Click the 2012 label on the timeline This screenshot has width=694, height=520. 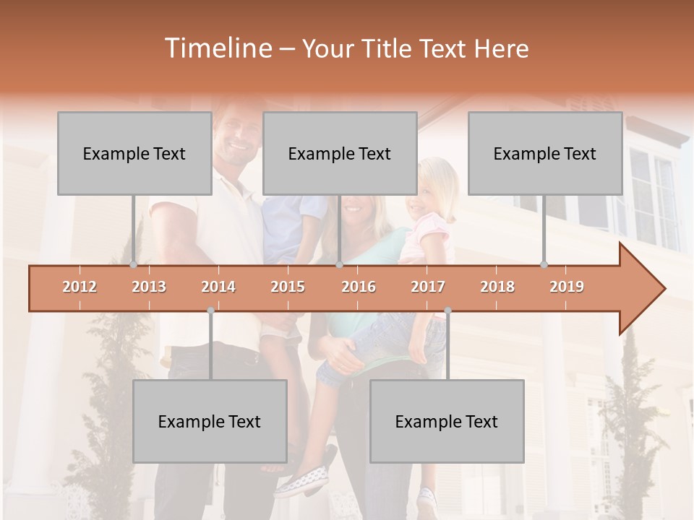[80, 287]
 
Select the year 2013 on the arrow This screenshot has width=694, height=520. [149, 287]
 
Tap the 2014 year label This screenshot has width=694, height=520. [218, 287]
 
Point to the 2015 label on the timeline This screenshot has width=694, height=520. [288, 287]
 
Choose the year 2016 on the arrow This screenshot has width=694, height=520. [359, 287]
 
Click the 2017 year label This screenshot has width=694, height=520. [428, 287]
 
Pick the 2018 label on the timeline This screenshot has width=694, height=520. [497, 287]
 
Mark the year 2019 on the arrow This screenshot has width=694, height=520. [567, 287]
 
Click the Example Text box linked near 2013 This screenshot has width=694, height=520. [134, 153]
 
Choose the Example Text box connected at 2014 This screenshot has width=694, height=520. [210, 421]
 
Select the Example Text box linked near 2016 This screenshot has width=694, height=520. [340, 153]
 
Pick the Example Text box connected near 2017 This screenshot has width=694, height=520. [447, 421]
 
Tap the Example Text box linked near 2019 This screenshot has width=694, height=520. [545, 153]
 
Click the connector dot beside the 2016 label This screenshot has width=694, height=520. [340, 265]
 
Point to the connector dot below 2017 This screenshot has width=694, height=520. [447, 311]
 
